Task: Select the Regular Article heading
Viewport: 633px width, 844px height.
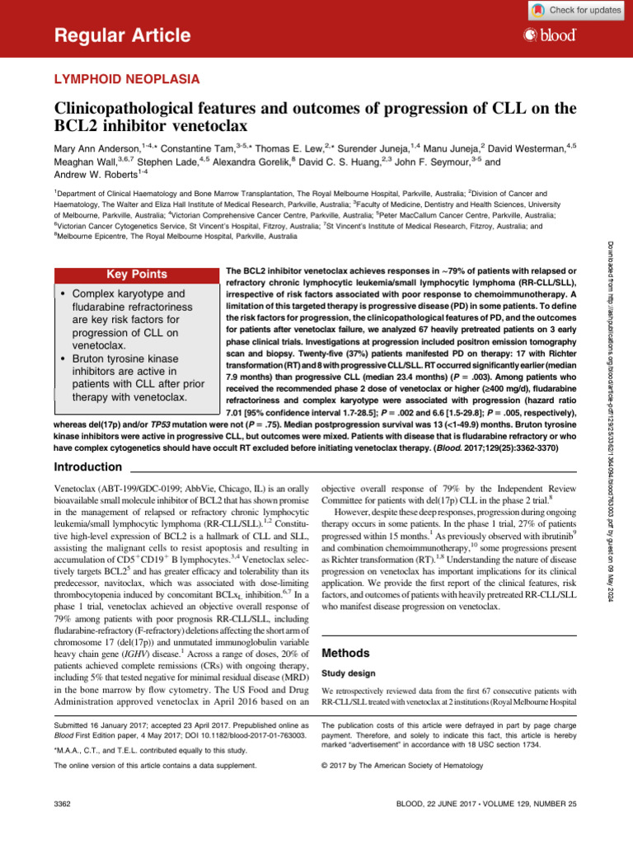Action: [x=122, y=35]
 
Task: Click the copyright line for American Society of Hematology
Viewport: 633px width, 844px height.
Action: [x=396, y=765]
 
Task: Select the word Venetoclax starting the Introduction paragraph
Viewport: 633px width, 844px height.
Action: [x=81, y=489]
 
